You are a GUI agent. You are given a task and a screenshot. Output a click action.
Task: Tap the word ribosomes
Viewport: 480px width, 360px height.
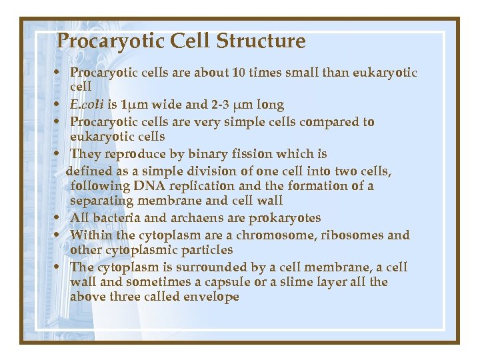[353, 235]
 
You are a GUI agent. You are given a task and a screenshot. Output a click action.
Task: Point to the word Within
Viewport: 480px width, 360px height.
[89, 235]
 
